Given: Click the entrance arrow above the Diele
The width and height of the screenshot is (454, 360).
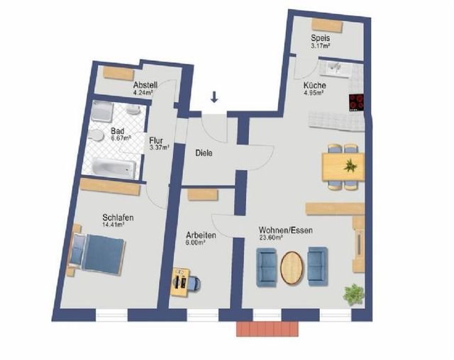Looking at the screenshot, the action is (214, 97).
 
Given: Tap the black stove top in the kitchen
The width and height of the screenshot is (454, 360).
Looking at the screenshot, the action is (356, 103).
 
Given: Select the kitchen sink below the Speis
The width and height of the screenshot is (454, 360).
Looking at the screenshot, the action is (336, 69).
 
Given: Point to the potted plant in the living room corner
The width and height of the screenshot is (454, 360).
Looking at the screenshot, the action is (353, 294).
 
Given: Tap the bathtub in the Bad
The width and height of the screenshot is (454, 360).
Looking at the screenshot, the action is (113, 167).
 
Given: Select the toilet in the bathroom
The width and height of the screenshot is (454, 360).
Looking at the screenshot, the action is (96, 135).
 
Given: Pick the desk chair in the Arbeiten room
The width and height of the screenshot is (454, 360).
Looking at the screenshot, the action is (195, 283).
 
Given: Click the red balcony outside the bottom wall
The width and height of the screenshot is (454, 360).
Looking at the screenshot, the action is (267, 329).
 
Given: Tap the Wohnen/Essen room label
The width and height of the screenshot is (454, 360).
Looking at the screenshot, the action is (286, 230).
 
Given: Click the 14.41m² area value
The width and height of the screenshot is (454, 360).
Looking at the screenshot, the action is (113, 224).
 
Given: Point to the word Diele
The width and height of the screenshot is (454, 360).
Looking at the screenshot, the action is (204, 153).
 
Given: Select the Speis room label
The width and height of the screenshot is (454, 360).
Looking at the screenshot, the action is (321, 38).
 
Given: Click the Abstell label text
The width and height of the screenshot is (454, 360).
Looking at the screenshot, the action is (145, 85).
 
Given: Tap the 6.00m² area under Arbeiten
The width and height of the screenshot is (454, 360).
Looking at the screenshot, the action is (196, 242).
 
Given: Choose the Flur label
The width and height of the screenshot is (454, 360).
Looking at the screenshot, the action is (156, 141).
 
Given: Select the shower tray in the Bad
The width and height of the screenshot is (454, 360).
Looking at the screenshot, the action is (102, 111).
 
